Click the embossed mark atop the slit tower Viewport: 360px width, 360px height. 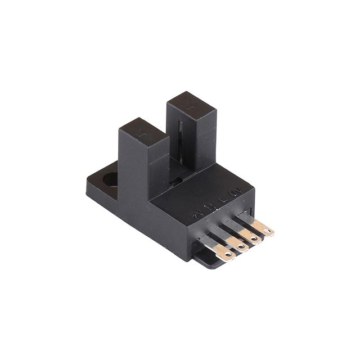coord(191,104)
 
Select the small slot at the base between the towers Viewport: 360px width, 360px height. coord(176,181)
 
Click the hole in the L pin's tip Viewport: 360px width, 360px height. coord(254,238)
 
